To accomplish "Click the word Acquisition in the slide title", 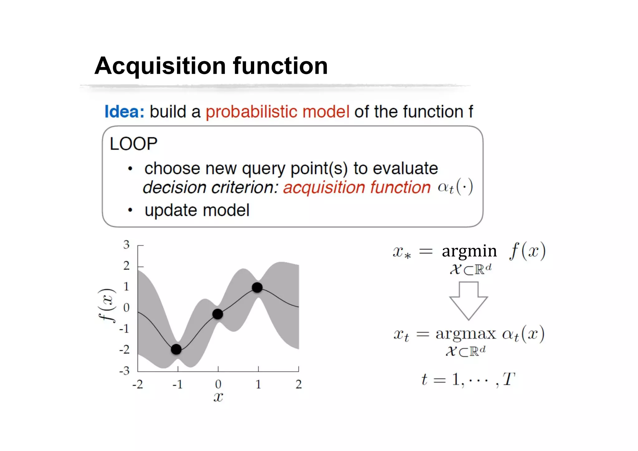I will point(160,66).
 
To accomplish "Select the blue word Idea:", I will point(124,112).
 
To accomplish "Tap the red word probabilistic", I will point(251,112).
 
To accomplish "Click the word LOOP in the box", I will point(133,144).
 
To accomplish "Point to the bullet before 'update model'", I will point(130,211).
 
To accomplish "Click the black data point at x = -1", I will point(176,349).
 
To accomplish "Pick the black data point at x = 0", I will point(218,314).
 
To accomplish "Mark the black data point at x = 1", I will point(257,287).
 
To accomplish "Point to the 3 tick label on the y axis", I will point(126,245).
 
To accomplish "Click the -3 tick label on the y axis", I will point(124,371).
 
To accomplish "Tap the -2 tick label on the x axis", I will point(137,384).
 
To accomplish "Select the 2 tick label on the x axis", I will point(298,384).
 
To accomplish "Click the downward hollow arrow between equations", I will point(468,300).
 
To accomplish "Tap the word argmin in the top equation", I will point(469,251).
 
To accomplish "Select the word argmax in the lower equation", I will point(465,334).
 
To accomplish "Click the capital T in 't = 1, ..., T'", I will point(508,379).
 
